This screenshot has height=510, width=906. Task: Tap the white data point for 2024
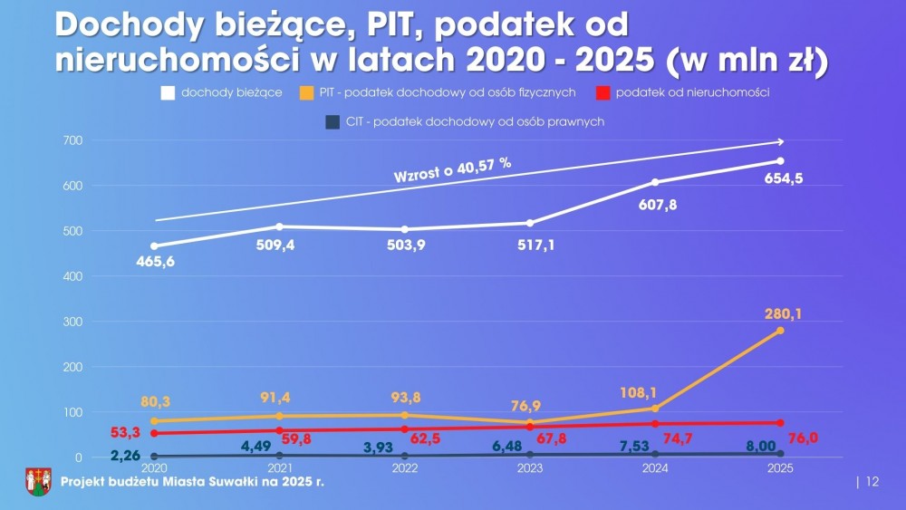(x=655, y=182)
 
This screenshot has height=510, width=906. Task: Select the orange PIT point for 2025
(x=780, y=331)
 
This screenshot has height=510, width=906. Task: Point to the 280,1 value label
(x=783, y=313)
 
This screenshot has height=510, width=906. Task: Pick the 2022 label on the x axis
(x=404, y=469)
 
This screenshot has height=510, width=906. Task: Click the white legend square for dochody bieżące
(x=168, y=92)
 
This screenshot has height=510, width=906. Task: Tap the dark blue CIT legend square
(x=332, y=120)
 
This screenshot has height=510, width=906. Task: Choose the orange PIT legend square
(x=307, y=92)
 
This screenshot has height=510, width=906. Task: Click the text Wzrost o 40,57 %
(x=452, y=170)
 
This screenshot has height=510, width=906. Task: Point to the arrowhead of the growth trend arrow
(x=780, y=141)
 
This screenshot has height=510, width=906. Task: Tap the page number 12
(x=872, y=482)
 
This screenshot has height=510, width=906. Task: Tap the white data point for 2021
(x=279, y=226)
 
